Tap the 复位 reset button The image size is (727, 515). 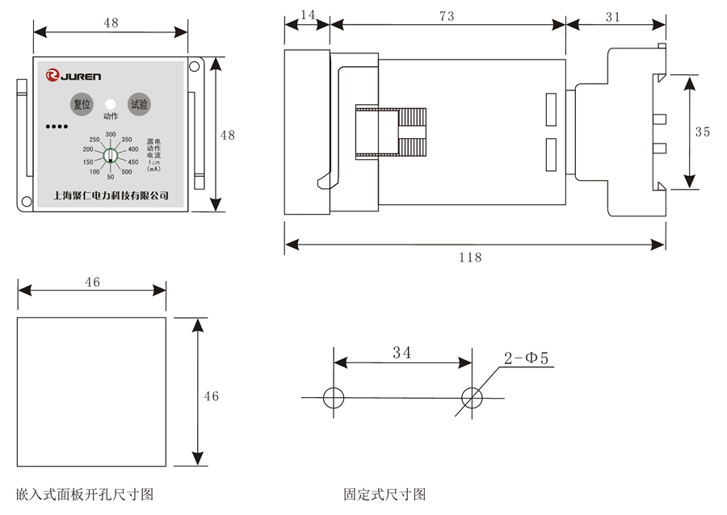click(82, 104)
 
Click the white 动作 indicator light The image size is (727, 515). click(111, 104)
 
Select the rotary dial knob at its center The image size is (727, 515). click(111, 155)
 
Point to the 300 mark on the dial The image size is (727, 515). click(111, 134)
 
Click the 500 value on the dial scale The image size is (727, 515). click(127, 171)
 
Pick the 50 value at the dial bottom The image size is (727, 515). click(111, 177)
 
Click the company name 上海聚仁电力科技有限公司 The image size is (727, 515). click(110, 195)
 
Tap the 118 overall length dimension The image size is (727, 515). click(470, 257)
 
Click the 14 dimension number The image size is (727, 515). click(308, 15)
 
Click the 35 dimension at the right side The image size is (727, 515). click(702, 132)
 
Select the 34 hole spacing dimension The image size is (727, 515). click(402, 353)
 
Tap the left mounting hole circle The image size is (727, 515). click(334, 398)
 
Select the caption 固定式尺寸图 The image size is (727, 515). click(385, 493)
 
